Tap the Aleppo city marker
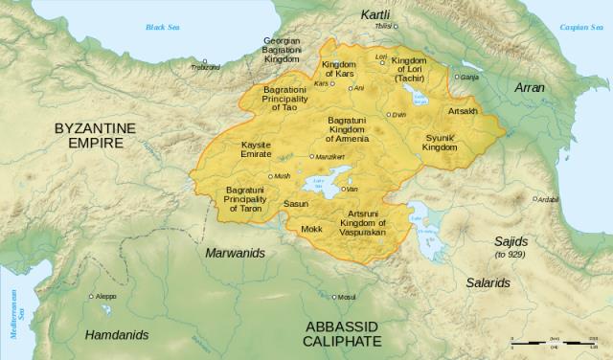click(93, 297)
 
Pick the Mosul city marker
click(332, 297)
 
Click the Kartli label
click(377, 15)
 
